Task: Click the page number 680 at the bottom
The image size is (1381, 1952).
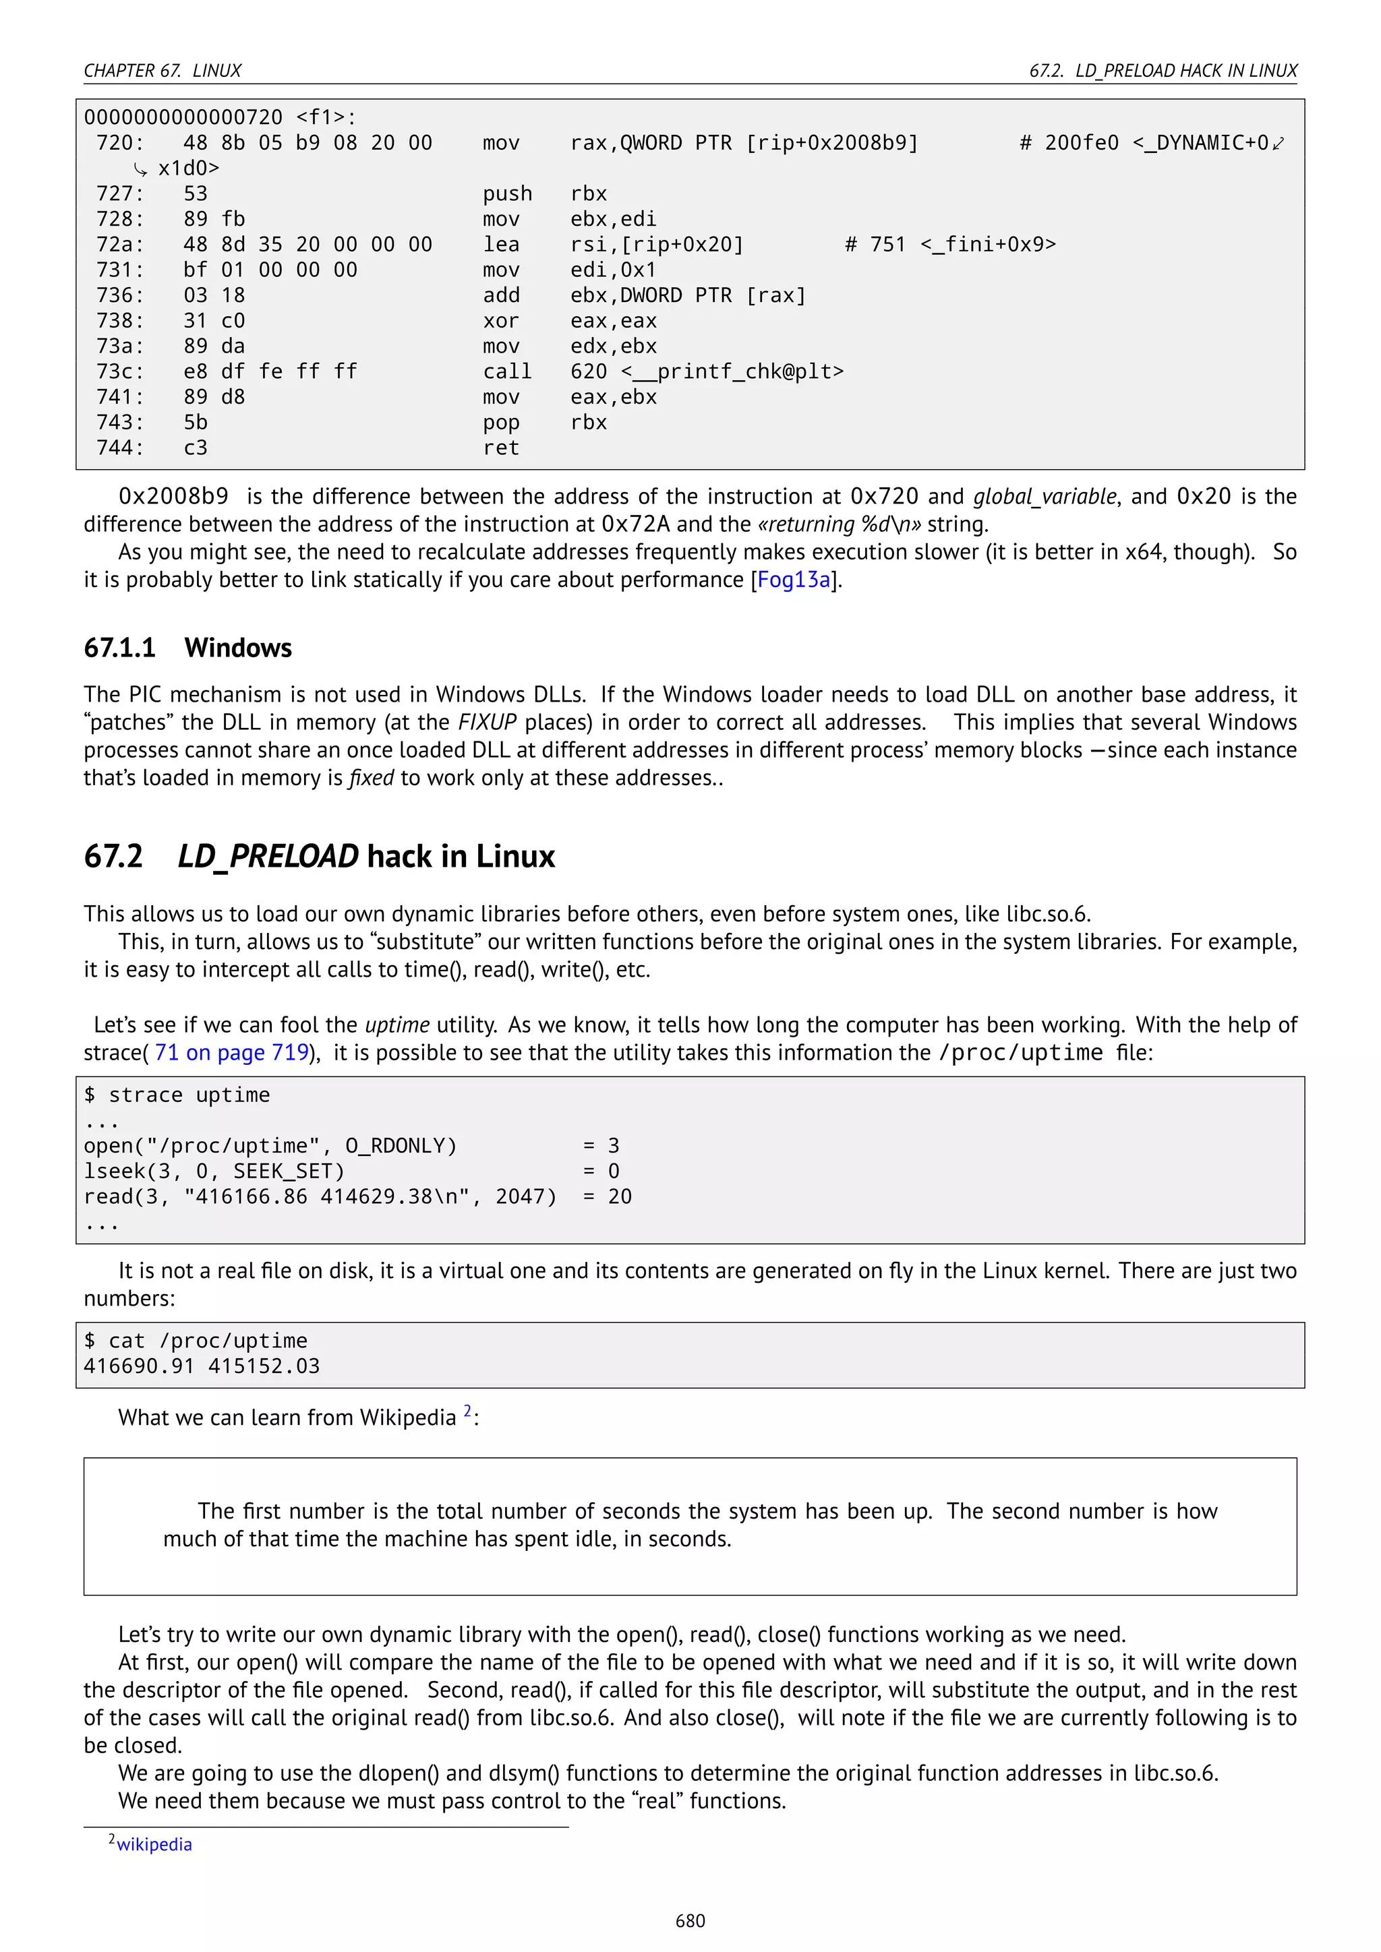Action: click(x=690, y=1920)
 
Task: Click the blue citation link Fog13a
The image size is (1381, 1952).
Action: click(x=794, y=580)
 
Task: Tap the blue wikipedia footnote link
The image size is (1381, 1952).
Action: click(x=154, y=1844)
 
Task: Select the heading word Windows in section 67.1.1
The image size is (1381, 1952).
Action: click(x=238, y=648)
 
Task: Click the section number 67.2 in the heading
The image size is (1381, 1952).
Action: click(x=113, y=856)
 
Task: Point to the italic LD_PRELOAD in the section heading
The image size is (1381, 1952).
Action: click(x=268, y=856)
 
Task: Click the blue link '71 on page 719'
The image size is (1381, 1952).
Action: click(x=231, y=1053)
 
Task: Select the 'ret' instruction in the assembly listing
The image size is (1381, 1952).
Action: click(x=501, y=448)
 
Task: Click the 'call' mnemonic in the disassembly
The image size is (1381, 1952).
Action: click(x=507, y=371)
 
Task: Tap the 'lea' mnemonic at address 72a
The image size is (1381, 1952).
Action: click(x=501, y=245)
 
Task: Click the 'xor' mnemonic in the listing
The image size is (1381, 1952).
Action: click(x=501, y=322)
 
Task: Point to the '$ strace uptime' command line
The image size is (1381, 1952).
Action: click(x=177, y=1095)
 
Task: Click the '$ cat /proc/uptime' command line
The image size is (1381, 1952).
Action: click(x=196, y=1341)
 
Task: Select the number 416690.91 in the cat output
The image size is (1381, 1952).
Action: click(x=140, y=1366)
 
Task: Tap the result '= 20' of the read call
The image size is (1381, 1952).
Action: click(x=607, y=1197)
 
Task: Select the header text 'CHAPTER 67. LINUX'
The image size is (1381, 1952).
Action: click(x=163, y=71)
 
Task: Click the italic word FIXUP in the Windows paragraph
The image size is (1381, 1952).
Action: click(x=488, y=723)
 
